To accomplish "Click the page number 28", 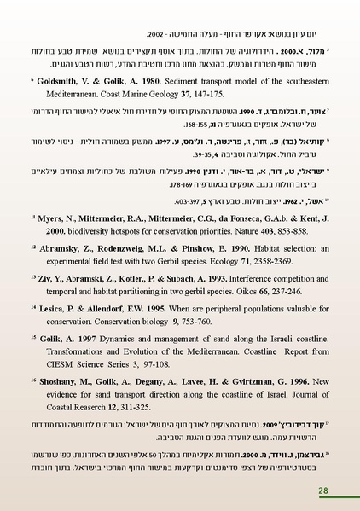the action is pos(323,491).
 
